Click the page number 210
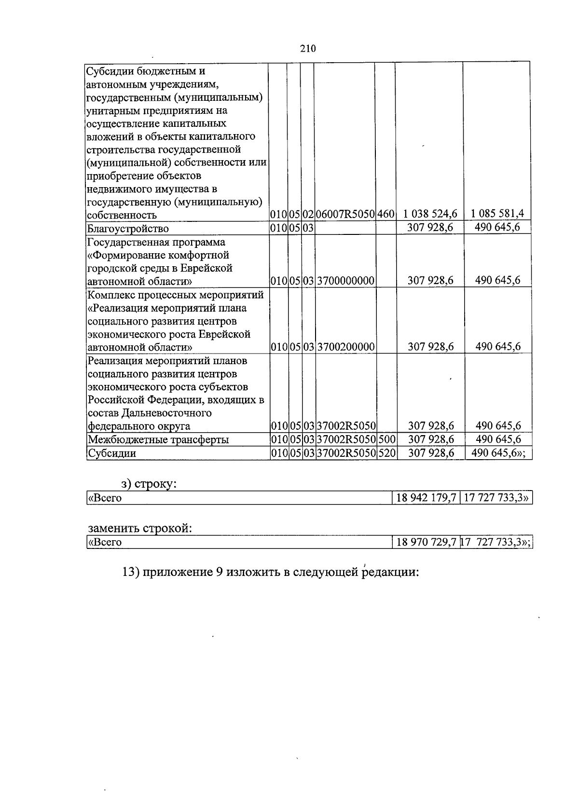point(307,48)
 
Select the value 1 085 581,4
point(497,214)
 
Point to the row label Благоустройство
point(127,228)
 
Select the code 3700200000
point(346,347)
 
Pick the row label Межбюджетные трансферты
point(158,440)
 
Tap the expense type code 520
point(386,453)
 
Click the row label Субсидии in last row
point(111,453)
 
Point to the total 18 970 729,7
point(426,542)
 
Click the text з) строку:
point(149,484)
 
